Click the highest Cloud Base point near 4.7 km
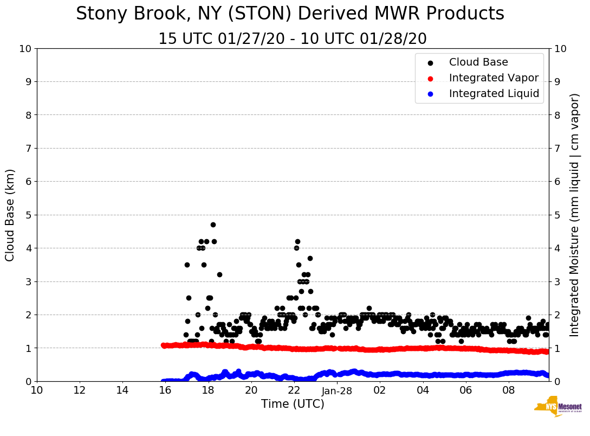tap(213, 225)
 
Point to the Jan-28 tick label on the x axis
tap(337, 390)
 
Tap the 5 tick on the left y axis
tap(28, 215)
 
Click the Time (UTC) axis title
tap(293, 404)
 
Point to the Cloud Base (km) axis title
tap(10, 215)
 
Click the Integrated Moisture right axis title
tap(575, 215)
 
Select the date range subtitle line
tap(293, 39)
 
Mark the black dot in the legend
tap(430, 63)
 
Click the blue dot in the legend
tap(430, 94)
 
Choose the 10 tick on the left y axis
tap(25, 49)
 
